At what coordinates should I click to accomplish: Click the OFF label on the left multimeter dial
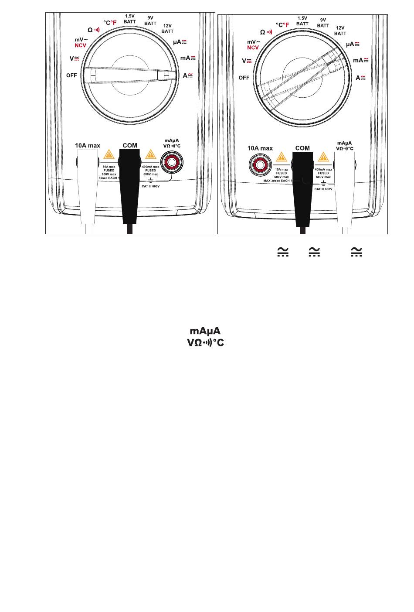pos(71,75)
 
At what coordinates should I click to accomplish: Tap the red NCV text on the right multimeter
pos(253,48)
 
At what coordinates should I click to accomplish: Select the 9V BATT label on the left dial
pos(150,21)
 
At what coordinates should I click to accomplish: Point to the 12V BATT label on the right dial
pos(340,31)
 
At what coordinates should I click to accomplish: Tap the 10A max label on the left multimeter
pos(88,145)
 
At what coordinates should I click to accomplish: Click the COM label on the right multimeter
pos(302,148)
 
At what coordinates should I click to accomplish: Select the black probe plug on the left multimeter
pos(130,183)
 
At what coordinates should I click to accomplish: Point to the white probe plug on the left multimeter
pos(88,183)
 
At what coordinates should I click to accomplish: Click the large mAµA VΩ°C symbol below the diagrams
pos(205,337)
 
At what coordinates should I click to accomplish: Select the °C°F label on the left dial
pos(110,22)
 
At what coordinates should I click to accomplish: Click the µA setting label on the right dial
pos(353,44)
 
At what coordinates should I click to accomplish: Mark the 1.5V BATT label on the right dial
pos(302,21)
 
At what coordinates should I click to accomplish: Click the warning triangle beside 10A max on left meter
pos(108,154)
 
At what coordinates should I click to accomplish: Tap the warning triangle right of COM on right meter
pos(323,156)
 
